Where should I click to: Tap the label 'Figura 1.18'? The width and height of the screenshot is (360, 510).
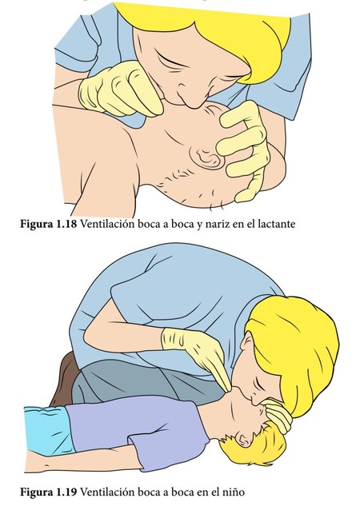click(49, 224)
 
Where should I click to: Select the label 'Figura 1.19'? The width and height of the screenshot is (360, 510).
click(49, 492)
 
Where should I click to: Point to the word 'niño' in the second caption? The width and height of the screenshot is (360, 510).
click(233, 492)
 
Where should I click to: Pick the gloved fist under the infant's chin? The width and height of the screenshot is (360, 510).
click(120, 89)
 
